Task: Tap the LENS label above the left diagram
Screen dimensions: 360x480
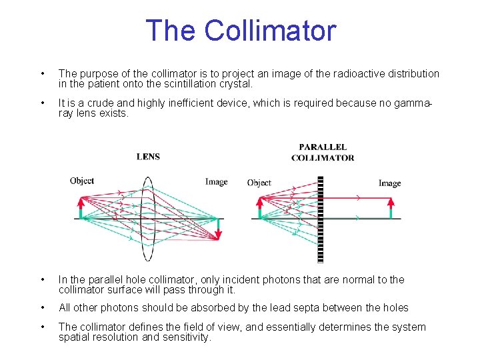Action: point(148,157)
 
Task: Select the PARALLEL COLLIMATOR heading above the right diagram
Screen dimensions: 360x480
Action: point(323,153)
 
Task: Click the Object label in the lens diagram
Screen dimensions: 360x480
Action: point(82,181)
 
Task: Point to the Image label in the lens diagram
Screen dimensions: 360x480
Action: point(216,181)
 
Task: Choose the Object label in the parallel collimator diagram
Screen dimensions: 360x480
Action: point(259,183)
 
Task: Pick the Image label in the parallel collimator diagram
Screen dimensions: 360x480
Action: point(389,183)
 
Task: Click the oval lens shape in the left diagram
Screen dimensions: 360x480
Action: point(147,218)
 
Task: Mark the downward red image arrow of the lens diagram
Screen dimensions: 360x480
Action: point(218,229)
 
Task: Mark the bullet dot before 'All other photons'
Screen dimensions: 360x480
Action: point(43,308)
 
